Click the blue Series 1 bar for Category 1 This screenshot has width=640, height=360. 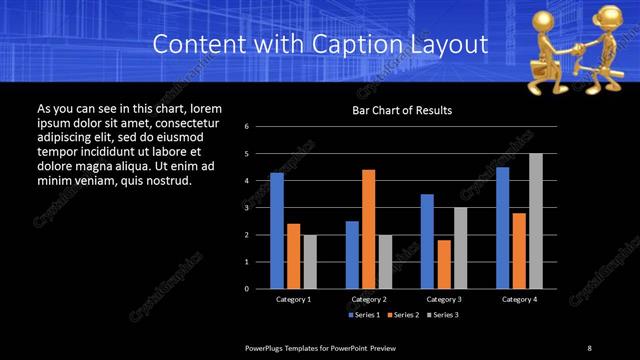277,230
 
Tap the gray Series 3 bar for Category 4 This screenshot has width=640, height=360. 536,220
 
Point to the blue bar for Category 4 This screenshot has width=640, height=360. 502,227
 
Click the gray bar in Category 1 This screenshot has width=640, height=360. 310,261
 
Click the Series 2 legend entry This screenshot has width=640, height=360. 402,314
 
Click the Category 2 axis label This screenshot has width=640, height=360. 369,299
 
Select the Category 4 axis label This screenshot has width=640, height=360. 519,299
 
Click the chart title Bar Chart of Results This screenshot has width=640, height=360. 402,110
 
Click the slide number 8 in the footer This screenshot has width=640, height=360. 589,347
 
